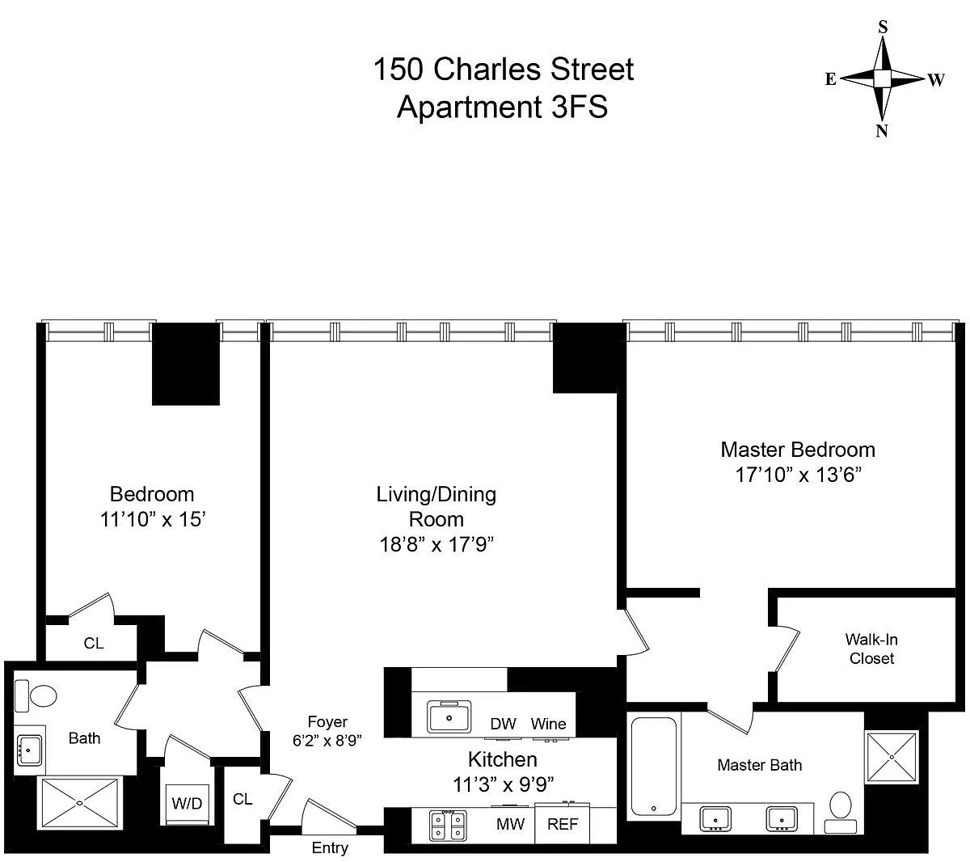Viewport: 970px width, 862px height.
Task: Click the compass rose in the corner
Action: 883,78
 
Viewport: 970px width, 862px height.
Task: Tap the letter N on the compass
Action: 882,131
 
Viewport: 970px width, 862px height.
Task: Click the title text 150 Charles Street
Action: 503,70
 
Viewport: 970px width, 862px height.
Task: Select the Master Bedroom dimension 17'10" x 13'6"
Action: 798,475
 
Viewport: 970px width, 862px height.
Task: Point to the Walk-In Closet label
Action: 871,649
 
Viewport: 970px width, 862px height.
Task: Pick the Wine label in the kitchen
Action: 548,724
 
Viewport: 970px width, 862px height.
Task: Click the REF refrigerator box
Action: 563,825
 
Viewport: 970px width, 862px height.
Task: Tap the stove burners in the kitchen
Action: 448,826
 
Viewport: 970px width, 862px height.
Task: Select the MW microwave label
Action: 510,825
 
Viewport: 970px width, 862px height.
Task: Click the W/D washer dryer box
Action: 187,805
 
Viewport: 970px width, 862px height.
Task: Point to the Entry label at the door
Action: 330,847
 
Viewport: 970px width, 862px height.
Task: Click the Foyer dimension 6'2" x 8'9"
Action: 327,739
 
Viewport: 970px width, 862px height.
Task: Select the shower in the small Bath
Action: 79,802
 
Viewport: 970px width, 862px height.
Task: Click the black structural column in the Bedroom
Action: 186,364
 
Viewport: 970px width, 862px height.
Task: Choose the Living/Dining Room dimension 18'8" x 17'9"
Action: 436,544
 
